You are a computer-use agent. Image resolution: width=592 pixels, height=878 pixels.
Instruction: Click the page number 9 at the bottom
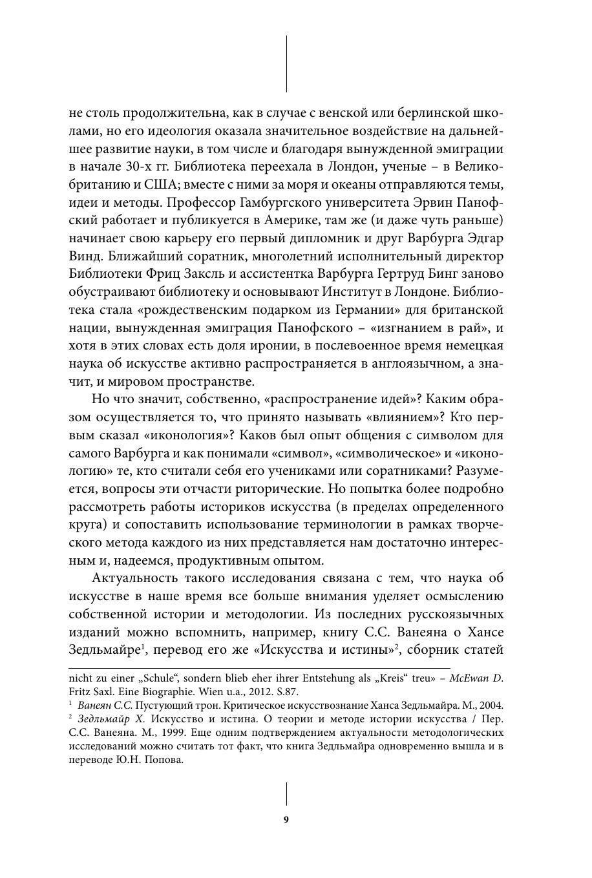286,820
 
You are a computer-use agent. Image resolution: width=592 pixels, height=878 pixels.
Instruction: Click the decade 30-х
146,167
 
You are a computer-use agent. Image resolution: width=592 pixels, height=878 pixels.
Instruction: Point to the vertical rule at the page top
286,63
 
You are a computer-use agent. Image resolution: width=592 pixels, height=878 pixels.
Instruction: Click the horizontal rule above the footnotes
259,669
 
